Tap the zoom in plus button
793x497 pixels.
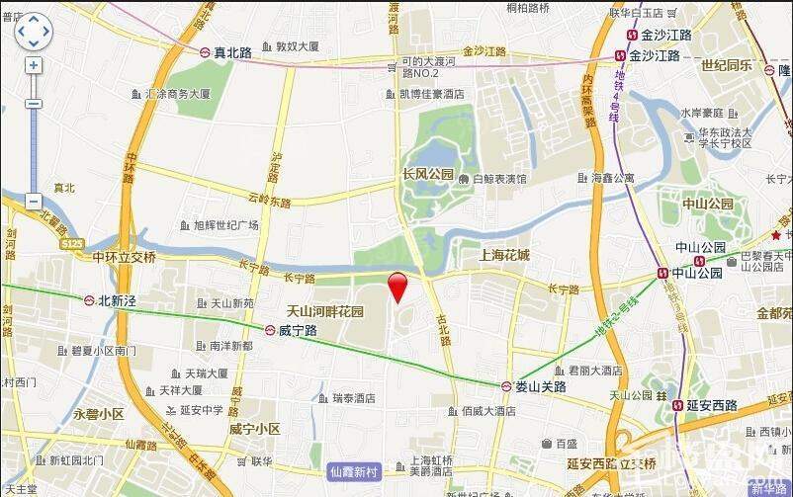34,65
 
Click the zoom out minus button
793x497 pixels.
34,201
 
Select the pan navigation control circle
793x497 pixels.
34,31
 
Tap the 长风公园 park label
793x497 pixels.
426,175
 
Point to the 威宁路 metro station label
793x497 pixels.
297,331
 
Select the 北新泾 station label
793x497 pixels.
117,300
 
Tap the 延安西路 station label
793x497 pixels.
711,405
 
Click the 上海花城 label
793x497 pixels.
503,255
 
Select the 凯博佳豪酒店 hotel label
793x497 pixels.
431,95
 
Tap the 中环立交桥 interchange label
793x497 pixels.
124,257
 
